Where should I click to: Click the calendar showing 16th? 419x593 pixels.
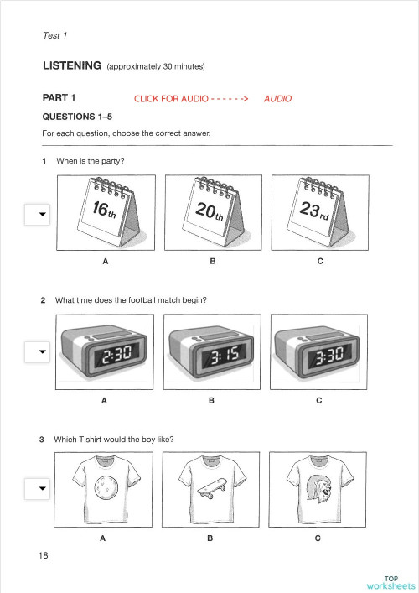click(x=106, y=212)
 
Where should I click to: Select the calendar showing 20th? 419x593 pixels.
click(x=213, y=212)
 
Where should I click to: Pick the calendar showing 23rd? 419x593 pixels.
click(x=320, y=212)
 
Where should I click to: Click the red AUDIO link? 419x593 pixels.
click(x=277, y=99)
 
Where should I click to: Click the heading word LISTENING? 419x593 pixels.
click(x=72, y=65)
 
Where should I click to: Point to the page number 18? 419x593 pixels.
click(x=44, y=555)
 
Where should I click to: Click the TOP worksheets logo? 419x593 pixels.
click(x=391, y=583)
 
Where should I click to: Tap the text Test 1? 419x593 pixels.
click(x=54, y=35)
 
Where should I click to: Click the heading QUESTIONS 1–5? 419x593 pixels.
click(x=77, y=117)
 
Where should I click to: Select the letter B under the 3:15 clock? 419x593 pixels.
click(x=212, y=401)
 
